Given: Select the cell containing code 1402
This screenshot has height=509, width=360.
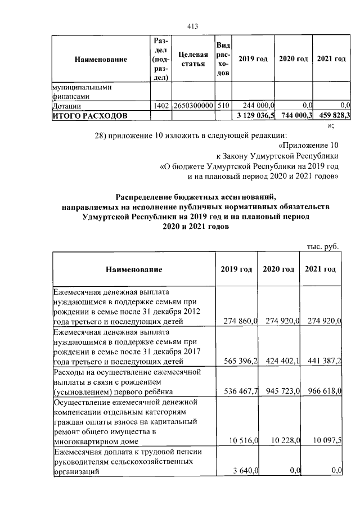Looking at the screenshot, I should pos(161,105).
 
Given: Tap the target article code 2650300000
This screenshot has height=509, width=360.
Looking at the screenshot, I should pos(193,105).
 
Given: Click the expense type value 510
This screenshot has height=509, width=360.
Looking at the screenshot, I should pos(223,105).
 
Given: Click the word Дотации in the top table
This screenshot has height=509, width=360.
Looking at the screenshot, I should pos(66,105).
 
